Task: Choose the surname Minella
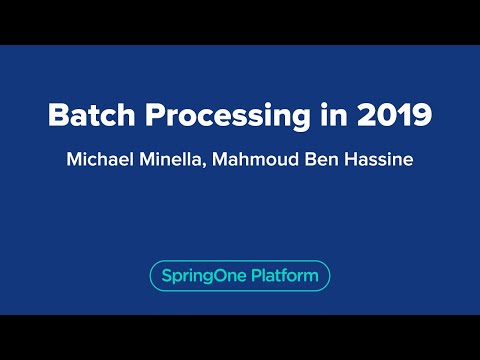click(x=174, y=159)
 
